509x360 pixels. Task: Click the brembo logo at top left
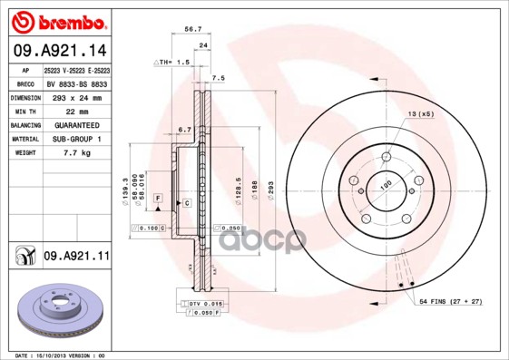pos(56,21)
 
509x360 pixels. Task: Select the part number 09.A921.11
pos(76,258)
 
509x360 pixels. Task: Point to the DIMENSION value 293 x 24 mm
pos(77,96)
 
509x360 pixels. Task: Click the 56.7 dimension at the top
pos(192,29)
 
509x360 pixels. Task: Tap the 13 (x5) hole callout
pos(421,114)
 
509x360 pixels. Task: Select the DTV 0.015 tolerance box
pos(201,303)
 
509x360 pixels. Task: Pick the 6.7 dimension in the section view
pos(183,129)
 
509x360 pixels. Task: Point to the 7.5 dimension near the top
pos(218,79)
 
